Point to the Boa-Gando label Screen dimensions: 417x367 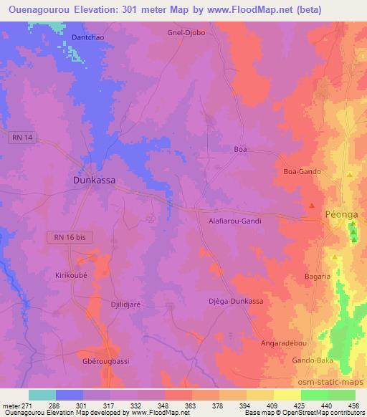click(302, 172)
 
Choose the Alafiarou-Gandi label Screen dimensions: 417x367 click(234, 221)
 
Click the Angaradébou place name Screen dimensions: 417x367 click(285, 343)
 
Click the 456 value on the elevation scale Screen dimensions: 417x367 click(353, 406)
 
